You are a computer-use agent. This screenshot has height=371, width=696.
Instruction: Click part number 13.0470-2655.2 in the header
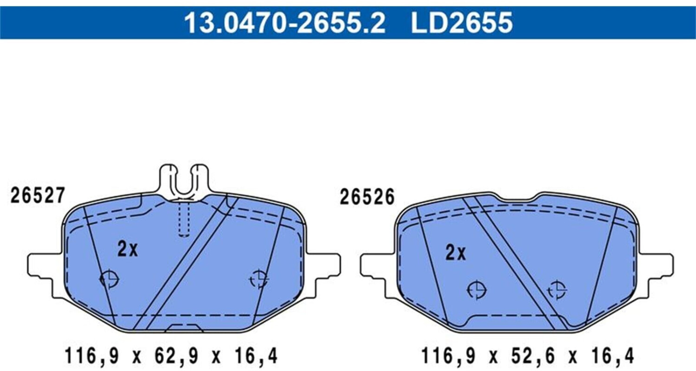[284, 22]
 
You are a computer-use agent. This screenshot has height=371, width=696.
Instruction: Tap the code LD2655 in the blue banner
[462, 22]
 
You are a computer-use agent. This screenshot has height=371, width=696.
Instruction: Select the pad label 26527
[38, 195]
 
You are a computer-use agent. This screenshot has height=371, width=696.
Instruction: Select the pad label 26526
[367, 197]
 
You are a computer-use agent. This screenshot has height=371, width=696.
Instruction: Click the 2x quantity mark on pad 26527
[128, 249]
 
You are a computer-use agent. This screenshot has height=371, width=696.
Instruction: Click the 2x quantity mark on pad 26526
[456, 253]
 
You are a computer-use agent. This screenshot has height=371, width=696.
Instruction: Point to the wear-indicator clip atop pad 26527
[184, 182]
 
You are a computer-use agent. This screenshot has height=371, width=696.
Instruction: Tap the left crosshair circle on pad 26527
[109, 279]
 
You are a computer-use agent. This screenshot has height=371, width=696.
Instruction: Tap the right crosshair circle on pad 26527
[259, 279]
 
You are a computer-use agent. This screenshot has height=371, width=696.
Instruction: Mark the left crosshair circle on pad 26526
[477, 290]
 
